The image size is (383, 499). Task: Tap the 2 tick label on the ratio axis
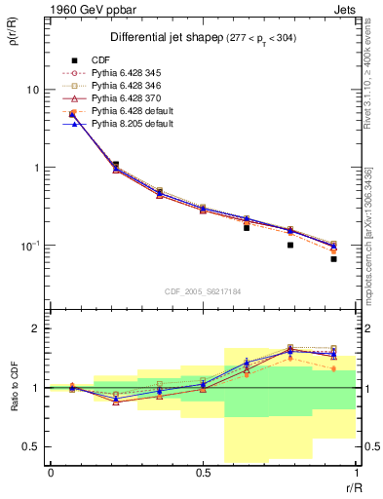tap(38, 328)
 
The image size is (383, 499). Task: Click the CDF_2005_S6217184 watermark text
tap(202, 289)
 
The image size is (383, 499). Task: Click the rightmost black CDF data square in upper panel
tap(333, 259)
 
